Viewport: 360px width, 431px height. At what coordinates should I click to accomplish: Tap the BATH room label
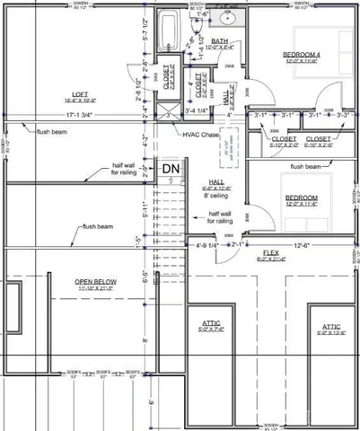coord(219,41)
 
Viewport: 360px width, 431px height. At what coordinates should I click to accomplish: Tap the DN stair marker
coord(171,168)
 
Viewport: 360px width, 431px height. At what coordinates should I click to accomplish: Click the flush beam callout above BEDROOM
coord(308,167)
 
